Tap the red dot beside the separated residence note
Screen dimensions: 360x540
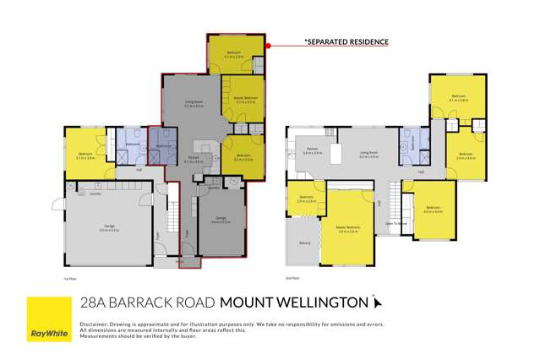267,46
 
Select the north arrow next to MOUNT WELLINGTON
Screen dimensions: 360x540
377,301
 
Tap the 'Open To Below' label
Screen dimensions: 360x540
395,224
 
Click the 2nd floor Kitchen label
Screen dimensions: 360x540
313,150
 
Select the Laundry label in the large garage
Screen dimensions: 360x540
73,192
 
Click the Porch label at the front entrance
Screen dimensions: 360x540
179,261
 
